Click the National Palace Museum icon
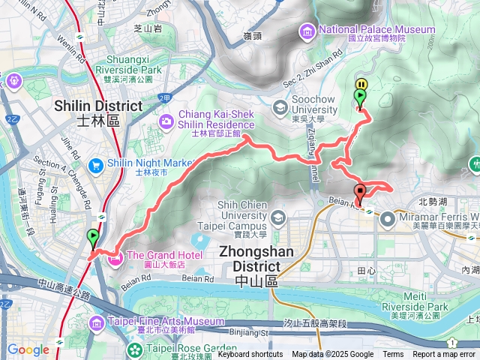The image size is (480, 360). point(307,31)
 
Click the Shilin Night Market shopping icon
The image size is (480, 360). point(95,164)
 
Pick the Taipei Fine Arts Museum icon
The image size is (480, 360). point(97,323)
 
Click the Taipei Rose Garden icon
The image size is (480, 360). point(133,349)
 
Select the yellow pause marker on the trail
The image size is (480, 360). point(361,85)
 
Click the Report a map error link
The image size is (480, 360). point(444,355)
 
